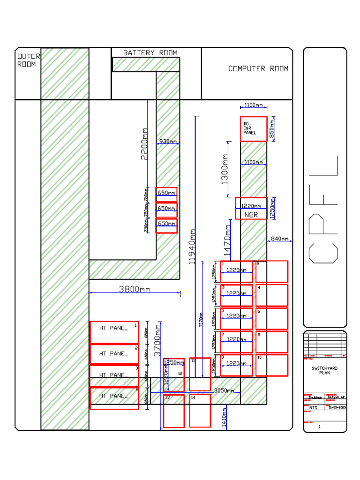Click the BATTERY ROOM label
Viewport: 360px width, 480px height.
150,53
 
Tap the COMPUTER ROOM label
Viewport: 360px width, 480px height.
258,69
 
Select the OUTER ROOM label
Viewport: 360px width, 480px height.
28,60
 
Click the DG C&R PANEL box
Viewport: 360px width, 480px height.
254,129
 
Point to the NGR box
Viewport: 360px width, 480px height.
251,209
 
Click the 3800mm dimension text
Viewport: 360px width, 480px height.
135,289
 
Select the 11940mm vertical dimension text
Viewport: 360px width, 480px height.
192,246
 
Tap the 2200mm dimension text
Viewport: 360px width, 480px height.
144,143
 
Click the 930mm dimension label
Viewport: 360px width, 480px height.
168,141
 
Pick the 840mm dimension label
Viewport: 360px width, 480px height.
280,239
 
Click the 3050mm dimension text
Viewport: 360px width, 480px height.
224,390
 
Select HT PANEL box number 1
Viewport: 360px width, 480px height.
114,332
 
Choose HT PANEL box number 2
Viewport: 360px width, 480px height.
114,354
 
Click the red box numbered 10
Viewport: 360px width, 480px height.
271,365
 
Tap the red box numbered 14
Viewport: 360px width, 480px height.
200,411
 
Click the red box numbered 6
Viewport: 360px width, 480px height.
271,319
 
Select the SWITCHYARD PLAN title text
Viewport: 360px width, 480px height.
324,371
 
